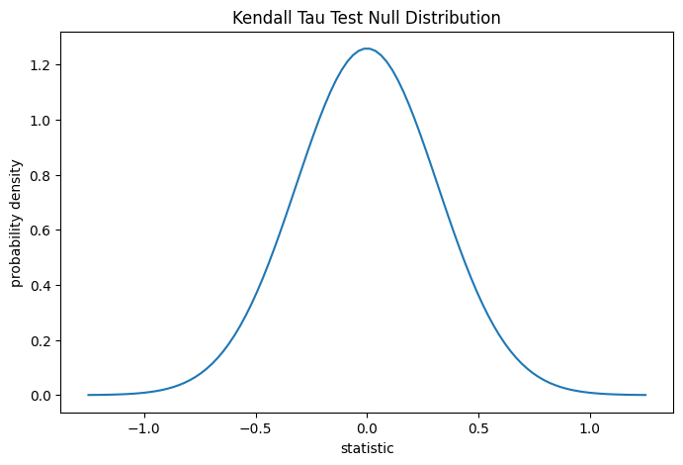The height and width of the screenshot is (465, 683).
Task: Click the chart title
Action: point(367,17)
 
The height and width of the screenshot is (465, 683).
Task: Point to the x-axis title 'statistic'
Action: point(367,448)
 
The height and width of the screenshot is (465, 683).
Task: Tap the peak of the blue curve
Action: point(367,48)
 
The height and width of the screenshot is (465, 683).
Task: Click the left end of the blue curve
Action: point(88,395)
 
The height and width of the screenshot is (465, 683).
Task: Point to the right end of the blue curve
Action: point(645,395)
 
